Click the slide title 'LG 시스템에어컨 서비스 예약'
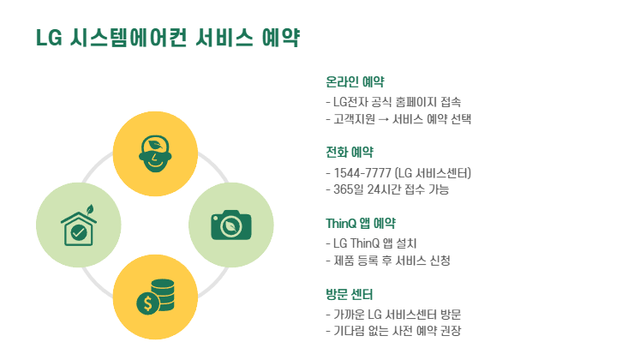point(167,38)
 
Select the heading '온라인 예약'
point(355,82)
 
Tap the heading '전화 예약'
point(350,153)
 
